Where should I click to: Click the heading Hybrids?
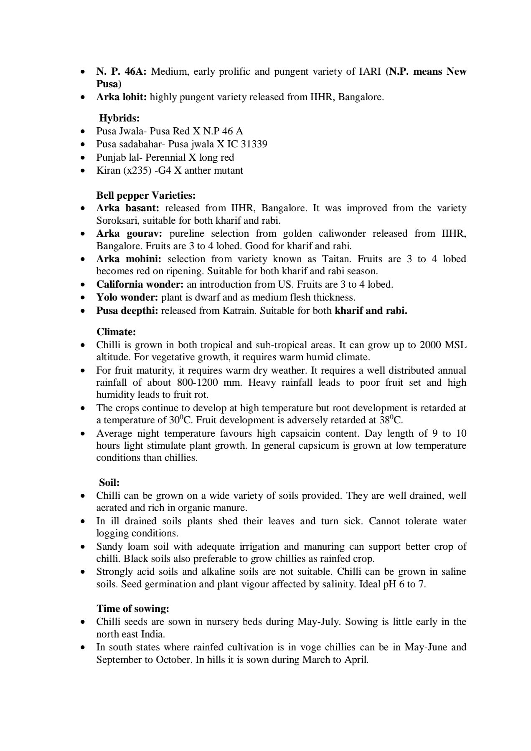(119, 119)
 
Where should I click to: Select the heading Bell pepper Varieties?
(146, 195)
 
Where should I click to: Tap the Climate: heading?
(116, 332)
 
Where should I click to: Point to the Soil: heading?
(109, 483)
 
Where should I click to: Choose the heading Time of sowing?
(132, 609)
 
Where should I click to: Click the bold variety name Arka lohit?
(122, 97)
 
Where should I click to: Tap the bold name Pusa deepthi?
(127, 311)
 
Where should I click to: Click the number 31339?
(252, 144)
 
